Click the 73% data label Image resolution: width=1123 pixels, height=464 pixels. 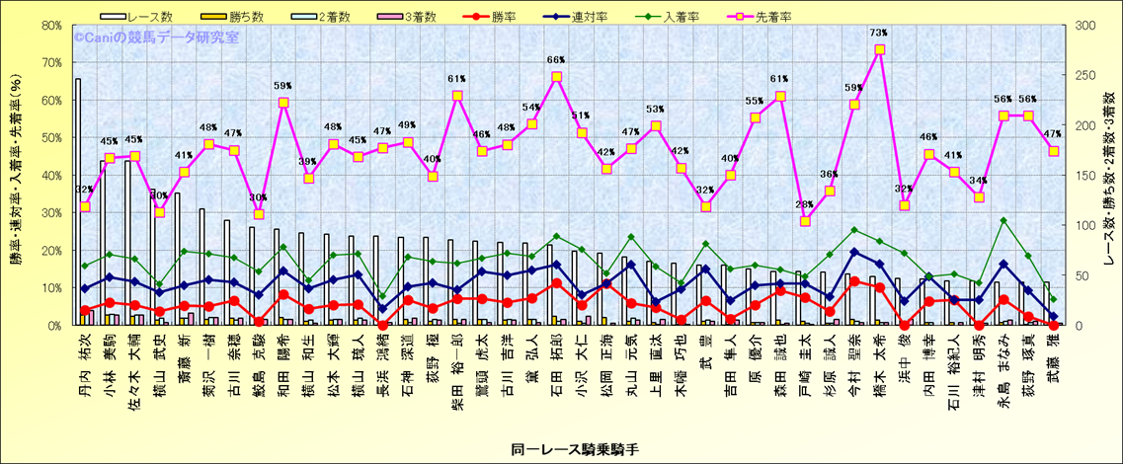(x=879, y=34)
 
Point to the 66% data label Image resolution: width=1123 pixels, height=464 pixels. (x=556, y=60)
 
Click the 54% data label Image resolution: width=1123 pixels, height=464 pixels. (x=531, y=108)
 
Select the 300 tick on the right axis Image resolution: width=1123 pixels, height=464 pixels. (x=1085, y=26)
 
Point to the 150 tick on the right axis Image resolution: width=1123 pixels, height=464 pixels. (x=1085, y=176)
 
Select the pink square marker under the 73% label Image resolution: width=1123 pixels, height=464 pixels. (x=879, y=50)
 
